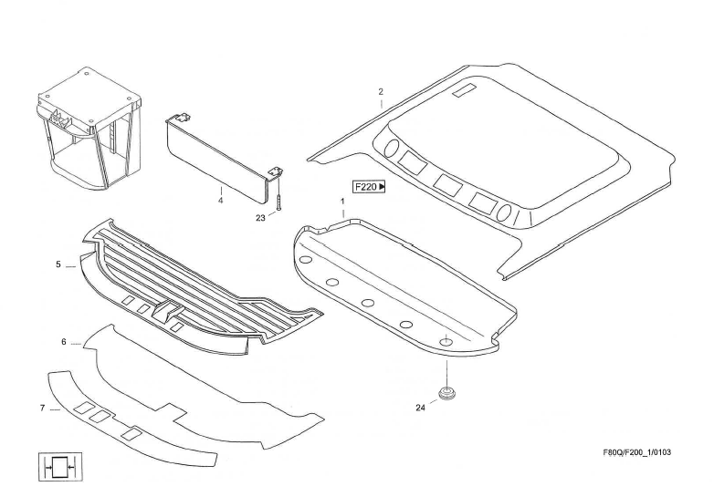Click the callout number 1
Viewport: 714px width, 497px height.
coord(342,200)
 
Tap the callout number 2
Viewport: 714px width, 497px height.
coord(381,92)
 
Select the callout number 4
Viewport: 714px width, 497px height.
coord(220,200)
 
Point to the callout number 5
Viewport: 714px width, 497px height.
coord(58,265)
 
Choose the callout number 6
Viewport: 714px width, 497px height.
coord(64,342)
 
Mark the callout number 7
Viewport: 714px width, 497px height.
coord(43,408)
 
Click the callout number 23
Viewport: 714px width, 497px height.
coord(260,218)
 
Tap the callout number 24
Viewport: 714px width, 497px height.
coord(421,408)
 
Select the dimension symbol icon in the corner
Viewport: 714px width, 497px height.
coord(60,467)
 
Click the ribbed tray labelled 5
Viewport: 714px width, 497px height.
coord(201,287)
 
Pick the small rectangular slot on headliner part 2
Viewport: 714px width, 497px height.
coord(464,89)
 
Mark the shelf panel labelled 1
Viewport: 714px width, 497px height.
coord(402,283)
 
